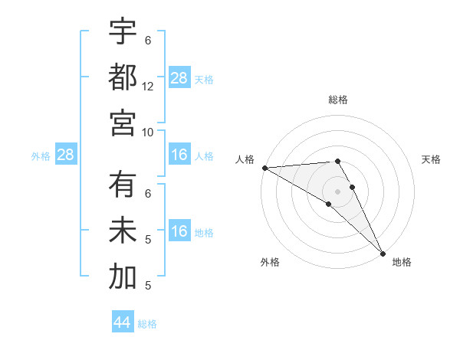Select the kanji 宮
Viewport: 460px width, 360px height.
(123, 123)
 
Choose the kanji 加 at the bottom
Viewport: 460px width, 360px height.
(123, 277)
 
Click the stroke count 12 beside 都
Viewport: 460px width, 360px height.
(148, 87)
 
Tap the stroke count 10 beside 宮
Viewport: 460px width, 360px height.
(148, 132)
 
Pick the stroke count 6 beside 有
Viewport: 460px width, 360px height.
(148, 194)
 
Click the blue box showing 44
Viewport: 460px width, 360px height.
(123, 322)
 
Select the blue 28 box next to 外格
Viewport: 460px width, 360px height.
(65, 155)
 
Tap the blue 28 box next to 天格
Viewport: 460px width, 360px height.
(179, 78)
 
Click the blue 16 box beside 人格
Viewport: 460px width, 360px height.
(179, 155)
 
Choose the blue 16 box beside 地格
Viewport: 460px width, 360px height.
(179, 232)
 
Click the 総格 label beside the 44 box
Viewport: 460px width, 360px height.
(147, 324)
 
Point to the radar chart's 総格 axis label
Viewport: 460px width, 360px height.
(337, 100)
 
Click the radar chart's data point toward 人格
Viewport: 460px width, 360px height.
(264, 168)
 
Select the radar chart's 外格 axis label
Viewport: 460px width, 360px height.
(270, 262)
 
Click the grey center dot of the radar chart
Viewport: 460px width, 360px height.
(337, 190)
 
